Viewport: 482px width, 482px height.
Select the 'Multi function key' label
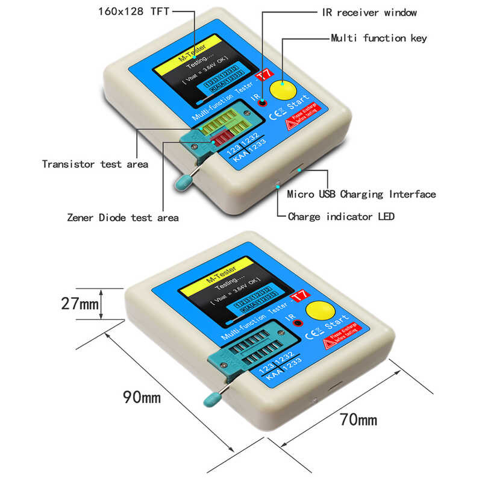(x=379, y=38)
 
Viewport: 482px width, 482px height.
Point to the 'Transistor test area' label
(x=95, y=164)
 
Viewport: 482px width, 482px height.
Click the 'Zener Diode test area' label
(x=123, y=218)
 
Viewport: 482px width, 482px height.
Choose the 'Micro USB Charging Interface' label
(x=361, y=194)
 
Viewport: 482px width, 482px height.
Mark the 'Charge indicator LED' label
(x=341, y=216)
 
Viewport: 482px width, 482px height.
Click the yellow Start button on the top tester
(x=283, y=91)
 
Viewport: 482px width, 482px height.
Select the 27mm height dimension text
(x=80, y=304)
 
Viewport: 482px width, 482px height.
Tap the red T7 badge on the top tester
(x=262, y=77)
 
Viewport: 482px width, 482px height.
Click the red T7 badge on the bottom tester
(x=299, y=296)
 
